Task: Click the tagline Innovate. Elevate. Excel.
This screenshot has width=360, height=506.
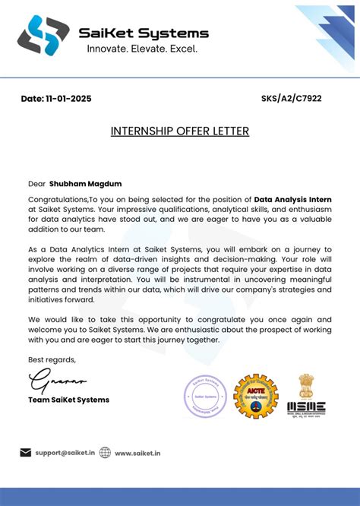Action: coord(142,49)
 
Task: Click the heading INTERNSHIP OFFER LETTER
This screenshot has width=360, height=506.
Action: coord(180,131)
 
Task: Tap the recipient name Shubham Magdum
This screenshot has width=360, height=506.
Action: coord(85,183)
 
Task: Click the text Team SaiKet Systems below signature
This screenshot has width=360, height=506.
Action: coord(68,400)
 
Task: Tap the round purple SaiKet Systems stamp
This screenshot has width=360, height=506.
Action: coord(206,397)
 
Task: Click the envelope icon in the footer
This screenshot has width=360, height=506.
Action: coord(25,453)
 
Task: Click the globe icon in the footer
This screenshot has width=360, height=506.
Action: coord(105,453)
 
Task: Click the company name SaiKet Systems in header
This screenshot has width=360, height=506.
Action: coord(144,33)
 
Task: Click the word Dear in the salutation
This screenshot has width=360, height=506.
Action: coord(37,183)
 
